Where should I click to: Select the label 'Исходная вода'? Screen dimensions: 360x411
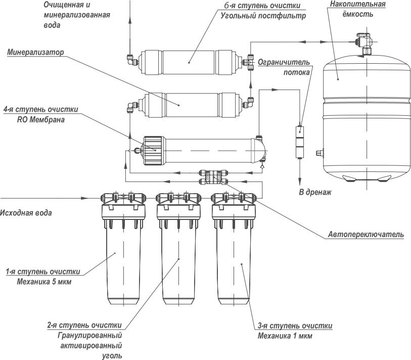click(x=26, y=212)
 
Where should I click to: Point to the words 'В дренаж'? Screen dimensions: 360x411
click(x=315, y=192)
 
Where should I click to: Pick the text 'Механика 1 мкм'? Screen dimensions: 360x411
click(x=285, y=336)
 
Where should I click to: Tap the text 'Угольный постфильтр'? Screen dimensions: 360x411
click(x=263, y=16)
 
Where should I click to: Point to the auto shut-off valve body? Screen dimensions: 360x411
click(x=213, y=177)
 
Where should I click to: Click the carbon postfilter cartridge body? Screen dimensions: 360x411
click(x=188, y=62)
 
